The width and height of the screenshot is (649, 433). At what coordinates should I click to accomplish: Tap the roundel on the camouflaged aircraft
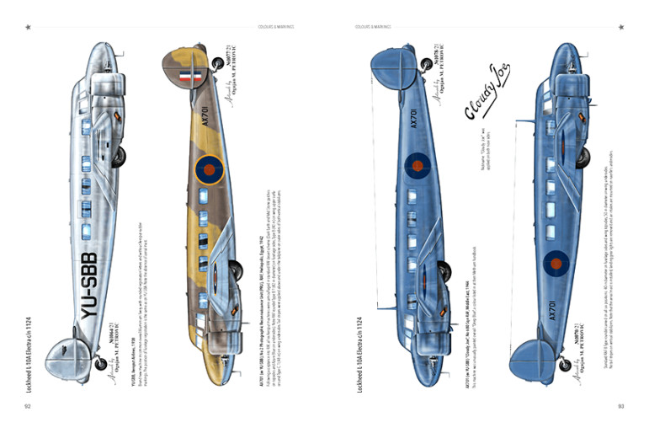point(209,169)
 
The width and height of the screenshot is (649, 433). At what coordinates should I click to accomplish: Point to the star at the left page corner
point(28,27)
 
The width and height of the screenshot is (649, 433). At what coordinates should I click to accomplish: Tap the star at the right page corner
point(620,27)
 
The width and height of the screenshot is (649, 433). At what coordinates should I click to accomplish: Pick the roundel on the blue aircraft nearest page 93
point(555,263)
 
